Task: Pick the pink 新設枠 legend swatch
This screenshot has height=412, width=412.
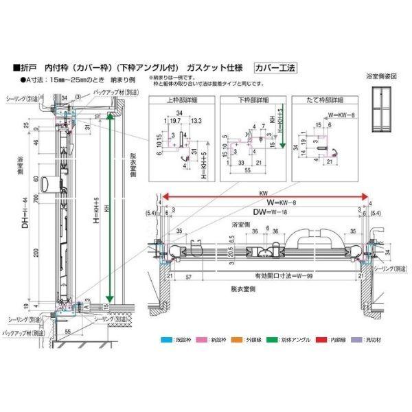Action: pos(199,339)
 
